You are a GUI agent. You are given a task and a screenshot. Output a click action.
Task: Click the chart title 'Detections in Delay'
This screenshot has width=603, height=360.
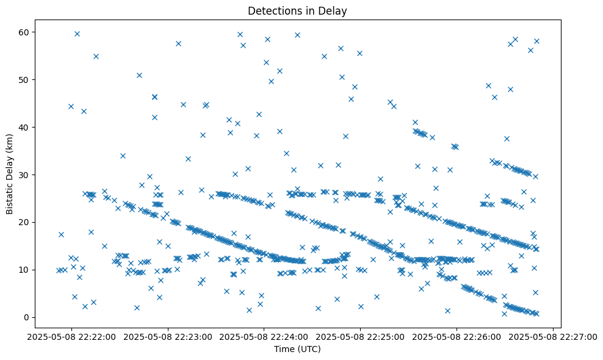297,11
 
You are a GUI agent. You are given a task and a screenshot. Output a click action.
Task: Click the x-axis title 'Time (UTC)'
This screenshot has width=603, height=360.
297,350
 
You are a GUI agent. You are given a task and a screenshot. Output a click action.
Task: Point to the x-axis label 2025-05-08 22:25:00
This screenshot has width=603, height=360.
360,336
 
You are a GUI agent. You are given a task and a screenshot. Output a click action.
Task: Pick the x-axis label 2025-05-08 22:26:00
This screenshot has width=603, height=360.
457,336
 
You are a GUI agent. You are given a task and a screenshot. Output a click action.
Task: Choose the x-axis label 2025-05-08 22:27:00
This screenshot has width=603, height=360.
553,336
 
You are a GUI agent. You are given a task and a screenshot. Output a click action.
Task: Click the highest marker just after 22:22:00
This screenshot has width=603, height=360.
77,34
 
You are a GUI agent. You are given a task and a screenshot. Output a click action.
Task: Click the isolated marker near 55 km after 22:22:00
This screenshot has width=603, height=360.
96,56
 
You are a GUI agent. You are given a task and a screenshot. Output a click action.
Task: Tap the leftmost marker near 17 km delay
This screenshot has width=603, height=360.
61,234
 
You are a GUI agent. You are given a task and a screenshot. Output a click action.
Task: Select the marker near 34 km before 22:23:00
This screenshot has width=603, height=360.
123,156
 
